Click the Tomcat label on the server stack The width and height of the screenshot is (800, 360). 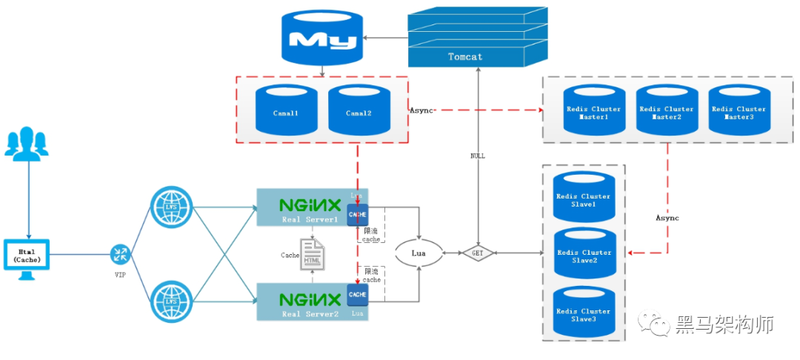tap(465, 56)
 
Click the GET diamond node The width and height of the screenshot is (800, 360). tap(478, 253)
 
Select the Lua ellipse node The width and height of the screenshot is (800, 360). tap(420, 253)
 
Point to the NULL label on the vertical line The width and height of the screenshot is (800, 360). tap(478, 156)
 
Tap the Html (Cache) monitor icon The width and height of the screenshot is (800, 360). tap(27, 259)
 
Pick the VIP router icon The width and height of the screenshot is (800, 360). tap(119, 254)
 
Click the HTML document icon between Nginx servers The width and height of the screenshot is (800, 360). tap(312, 254)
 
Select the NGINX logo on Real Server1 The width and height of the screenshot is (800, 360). tap(310, 204)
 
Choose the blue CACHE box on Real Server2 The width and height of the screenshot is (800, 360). tap(357, 294)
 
